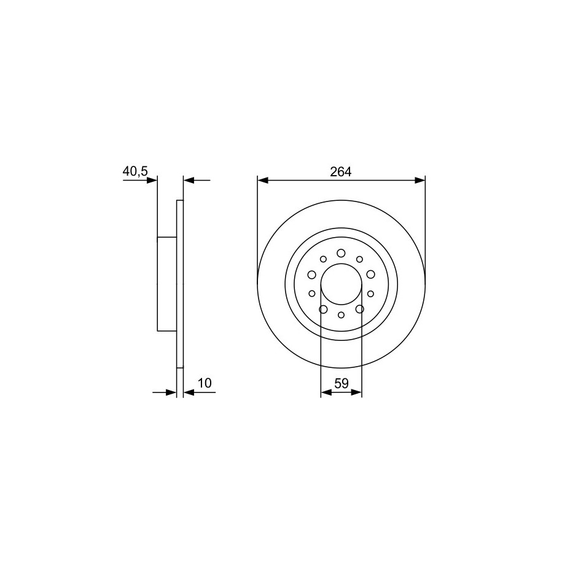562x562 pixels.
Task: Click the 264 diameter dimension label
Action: click(340, 172)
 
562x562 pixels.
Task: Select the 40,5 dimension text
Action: click(135, 171)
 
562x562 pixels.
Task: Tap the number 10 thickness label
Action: click(205, 383)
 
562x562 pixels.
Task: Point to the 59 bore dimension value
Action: click(341, 383)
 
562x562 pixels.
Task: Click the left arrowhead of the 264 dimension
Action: click(263, 181)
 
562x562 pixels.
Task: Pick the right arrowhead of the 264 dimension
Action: click(420, 181)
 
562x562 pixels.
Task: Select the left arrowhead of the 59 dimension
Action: click(326, 392)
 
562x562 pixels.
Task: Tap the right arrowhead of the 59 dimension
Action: click(357, 392)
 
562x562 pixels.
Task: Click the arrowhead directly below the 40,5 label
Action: click(152, 180)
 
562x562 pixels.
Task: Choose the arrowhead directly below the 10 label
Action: click(189, 393)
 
